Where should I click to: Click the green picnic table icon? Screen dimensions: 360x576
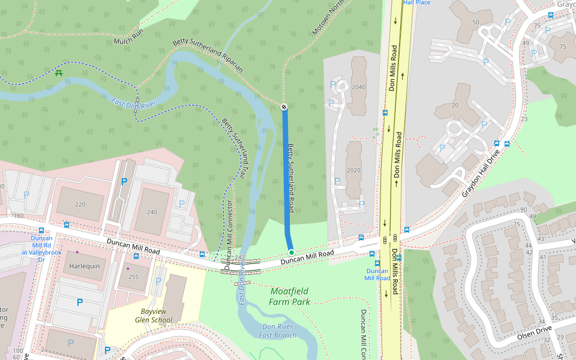59,73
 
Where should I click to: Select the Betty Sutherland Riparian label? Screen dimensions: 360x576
208,55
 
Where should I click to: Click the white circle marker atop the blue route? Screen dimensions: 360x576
284,107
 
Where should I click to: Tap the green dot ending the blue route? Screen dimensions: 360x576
291,252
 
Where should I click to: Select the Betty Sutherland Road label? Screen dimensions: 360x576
290,178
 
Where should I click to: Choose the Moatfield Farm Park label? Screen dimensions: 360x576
290,296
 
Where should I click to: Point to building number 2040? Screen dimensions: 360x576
358,87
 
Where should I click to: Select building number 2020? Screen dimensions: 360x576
353,170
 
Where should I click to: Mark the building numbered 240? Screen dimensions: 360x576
151,212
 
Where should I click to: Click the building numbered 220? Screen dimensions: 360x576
80,205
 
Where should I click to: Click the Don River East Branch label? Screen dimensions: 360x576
277,331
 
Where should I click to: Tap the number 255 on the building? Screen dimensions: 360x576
133,277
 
